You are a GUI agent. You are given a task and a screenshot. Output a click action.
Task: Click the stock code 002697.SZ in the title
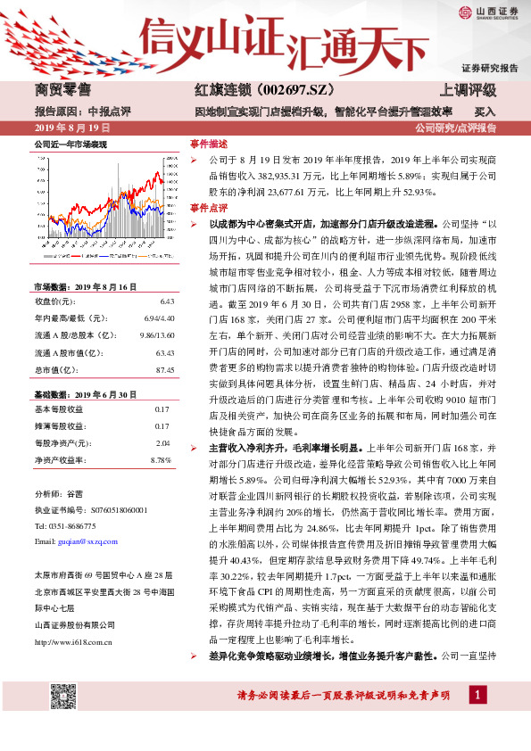(x=278, y=90)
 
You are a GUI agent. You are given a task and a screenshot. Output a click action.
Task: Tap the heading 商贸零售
(x=62, y=90)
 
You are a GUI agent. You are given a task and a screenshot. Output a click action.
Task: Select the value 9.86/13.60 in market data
(x=151, y=336)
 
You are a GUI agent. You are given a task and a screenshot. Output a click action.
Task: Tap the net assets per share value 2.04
(x=162, y=442)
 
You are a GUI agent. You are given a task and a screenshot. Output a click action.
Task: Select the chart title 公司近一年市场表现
(x=71, y=144)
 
